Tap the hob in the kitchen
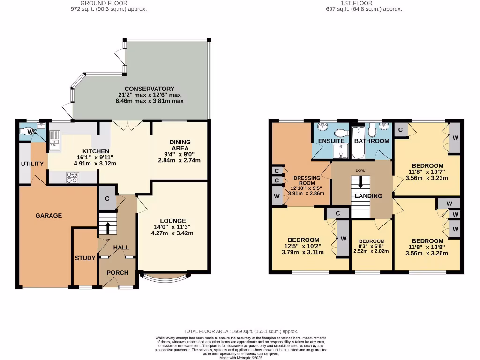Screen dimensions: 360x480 [x=72, y=177]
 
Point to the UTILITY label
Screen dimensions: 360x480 [x=32, y=164]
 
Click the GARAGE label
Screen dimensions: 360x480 [x=49, y=216]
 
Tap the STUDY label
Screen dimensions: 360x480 [x=85, y=258]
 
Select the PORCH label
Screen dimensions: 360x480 [x=117, y=273]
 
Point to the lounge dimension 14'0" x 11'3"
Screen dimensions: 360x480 [x=173, y=227]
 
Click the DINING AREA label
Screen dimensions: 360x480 [x=180, y=145]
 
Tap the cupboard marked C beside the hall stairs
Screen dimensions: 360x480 [x=107, y=199]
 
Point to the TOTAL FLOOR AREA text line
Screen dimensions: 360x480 [x=240, y=330]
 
